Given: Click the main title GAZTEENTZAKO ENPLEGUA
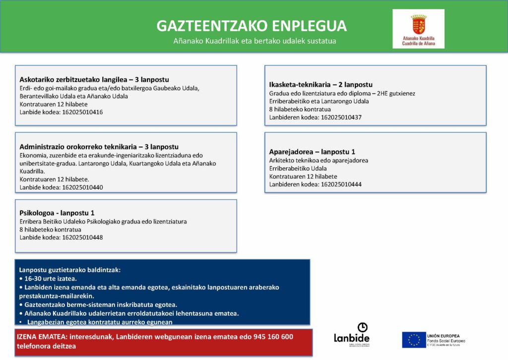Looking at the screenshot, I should [x=252, y=26].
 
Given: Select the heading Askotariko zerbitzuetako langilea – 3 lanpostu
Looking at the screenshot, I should [x=94, y=79].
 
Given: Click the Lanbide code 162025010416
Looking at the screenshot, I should [x=82, y=112].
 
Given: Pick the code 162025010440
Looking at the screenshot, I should [x=82, y=188].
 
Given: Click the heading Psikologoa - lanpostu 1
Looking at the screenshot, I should [x=57, y=213].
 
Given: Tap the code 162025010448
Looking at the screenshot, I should [x=82, y=237].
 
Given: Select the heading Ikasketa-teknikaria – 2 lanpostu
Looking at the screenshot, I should [x=320, y=84].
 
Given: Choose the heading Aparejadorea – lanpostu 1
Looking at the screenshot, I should [x=312, y=151].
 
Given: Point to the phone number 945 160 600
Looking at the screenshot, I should [x=272, y=337].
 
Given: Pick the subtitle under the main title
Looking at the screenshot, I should [x=254, y=41].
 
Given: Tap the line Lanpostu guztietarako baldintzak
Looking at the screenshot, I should [x=70, y=270].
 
